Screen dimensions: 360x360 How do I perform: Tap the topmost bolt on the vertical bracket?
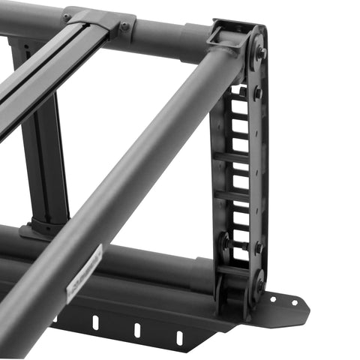click(262, 53)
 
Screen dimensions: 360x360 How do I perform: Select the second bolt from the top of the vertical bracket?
click(258, 93)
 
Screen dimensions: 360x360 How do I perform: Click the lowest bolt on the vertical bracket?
click(259, 284)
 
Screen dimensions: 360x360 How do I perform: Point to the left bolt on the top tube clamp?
click(67, 16)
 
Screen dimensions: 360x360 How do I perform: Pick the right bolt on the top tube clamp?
click(124, 25)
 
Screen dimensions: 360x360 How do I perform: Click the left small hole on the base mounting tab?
click(272, 298)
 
